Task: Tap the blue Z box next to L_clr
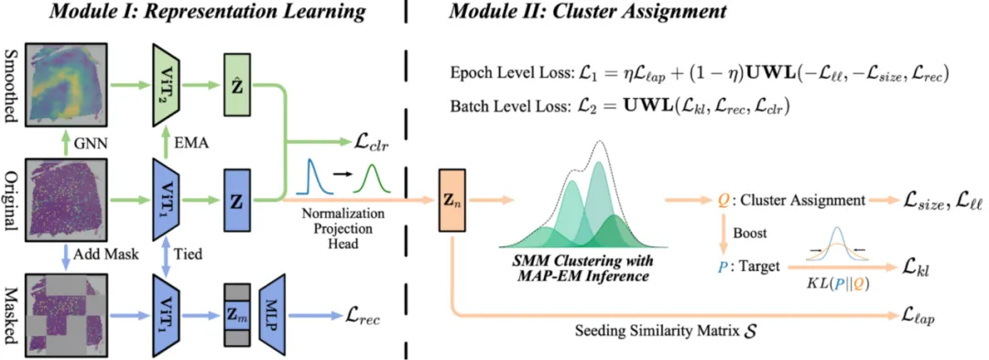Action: (238, 201)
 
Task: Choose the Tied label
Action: (191, 254)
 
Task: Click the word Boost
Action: (749, 233)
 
